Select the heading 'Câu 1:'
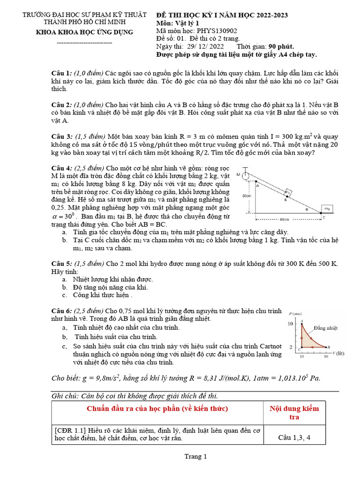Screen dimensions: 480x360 point(61,74)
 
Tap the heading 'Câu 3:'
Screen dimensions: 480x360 point(61,136)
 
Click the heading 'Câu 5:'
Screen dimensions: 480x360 point(61,263)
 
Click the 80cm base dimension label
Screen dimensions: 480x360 point(283,218)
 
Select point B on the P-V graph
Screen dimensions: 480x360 point(327,347)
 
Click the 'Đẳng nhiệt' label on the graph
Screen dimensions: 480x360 point(326,328)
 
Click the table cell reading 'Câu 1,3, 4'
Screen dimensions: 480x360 point(294,438)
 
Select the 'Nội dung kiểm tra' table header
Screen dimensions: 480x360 point(294,412)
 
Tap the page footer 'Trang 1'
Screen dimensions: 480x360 point(195,457)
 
